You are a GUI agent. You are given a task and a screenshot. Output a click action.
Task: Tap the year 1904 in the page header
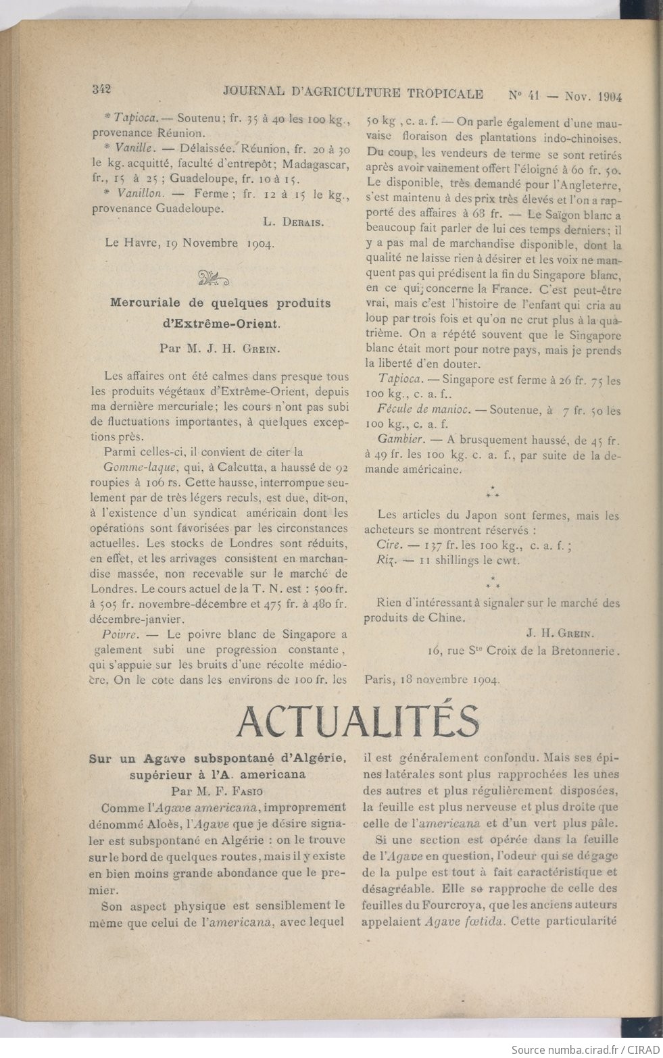click(610, 96)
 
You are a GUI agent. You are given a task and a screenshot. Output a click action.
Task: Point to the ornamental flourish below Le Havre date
click(213, 277)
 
